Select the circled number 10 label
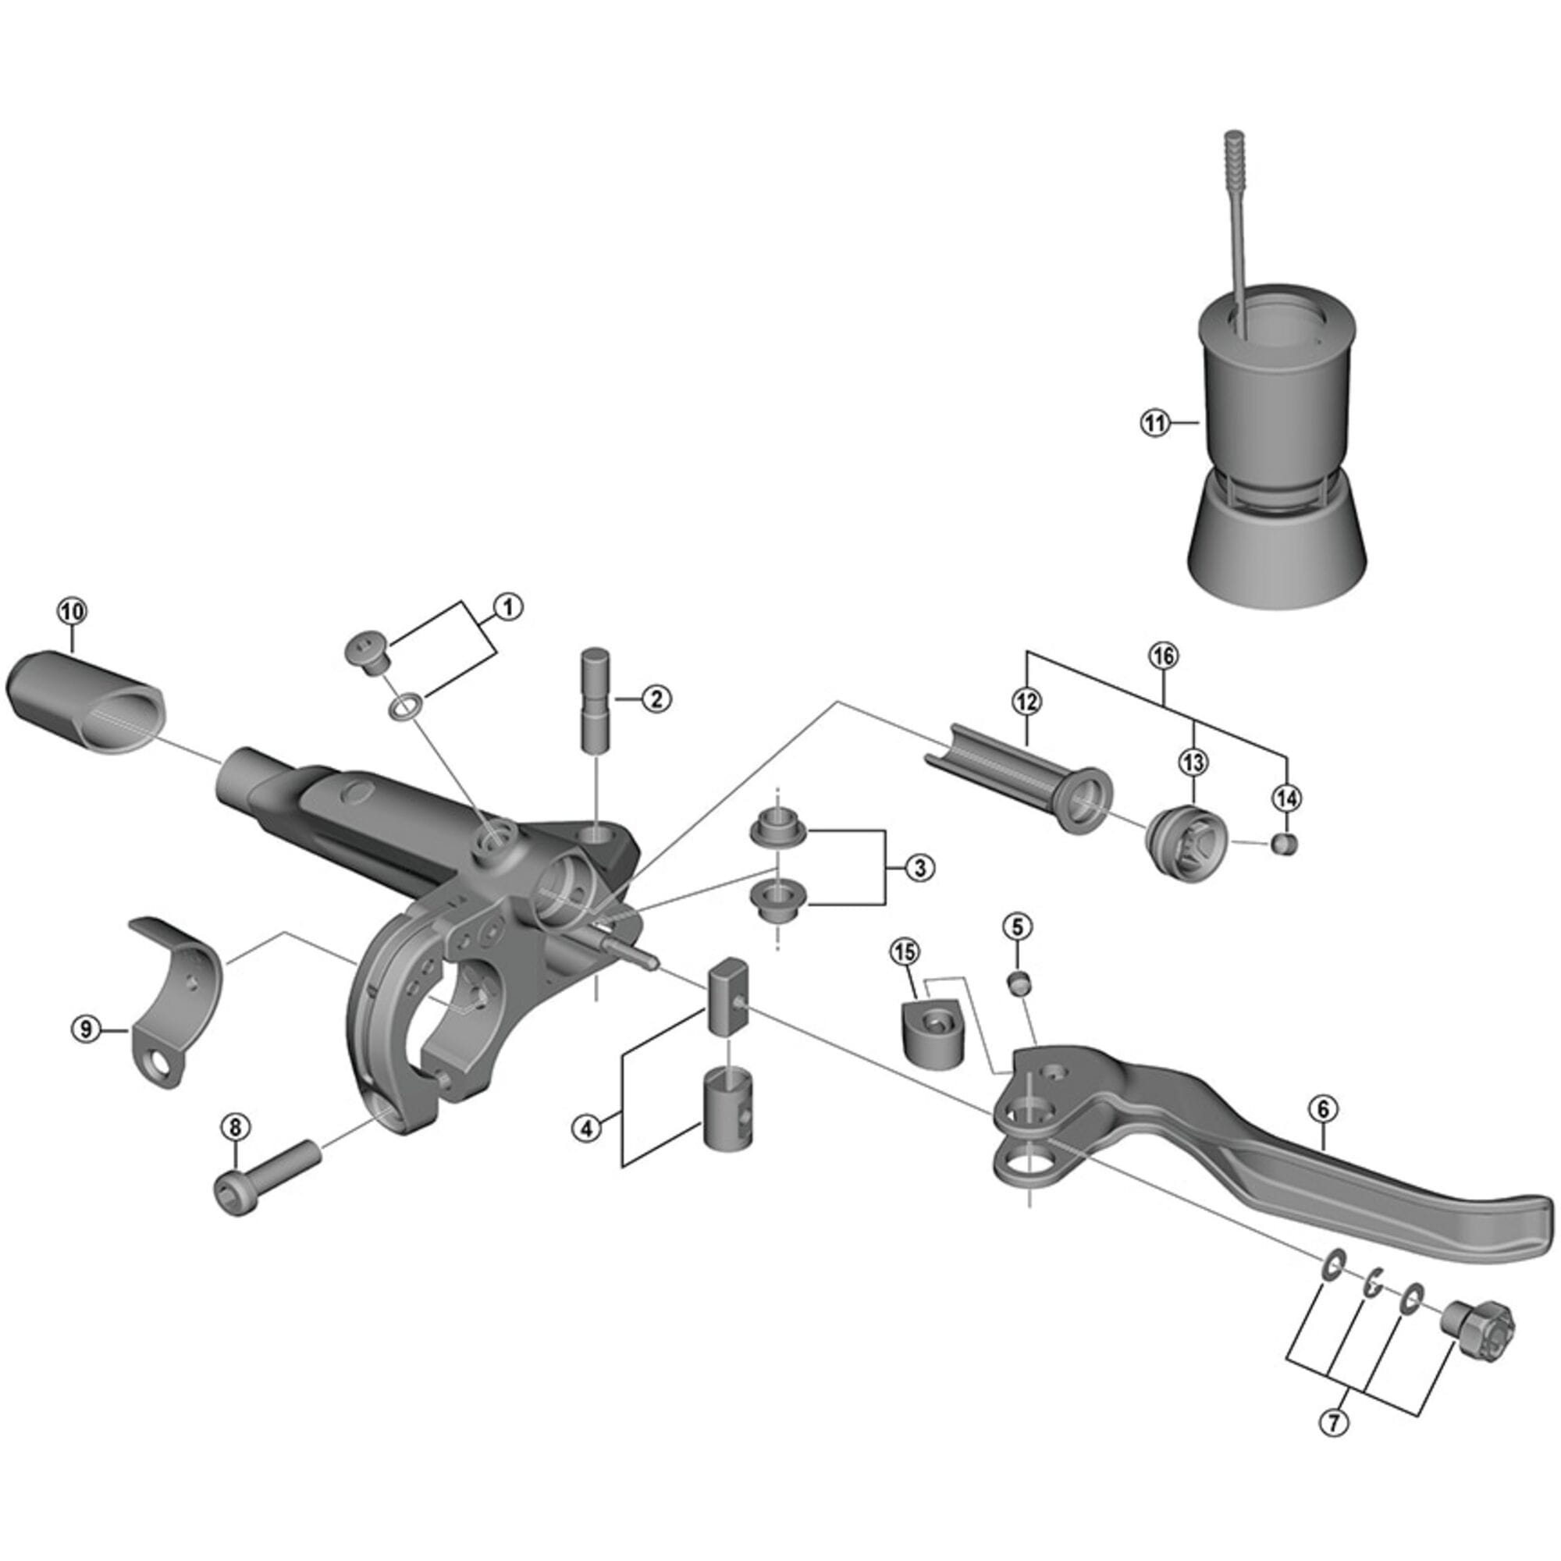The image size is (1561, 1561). tap(71, 612)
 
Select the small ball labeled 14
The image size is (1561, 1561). tap(1285, 845)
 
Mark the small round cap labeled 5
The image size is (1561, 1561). tap(1019, 983)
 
